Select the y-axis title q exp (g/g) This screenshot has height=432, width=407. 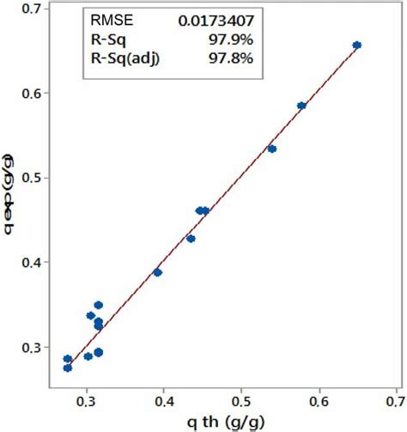(x=9, y=195)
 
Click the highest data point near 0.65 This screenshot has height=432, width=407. (x=357, y=45)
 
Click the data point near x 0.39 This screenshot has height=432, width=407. (x=157, y=272)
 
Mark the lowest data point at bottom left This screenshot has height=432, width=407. (x=68, y=368)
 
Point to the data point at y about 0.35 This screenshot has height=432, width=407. (x=98, y=305)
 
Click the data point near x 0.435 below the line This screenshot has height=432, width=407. (x=191, y=239)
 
